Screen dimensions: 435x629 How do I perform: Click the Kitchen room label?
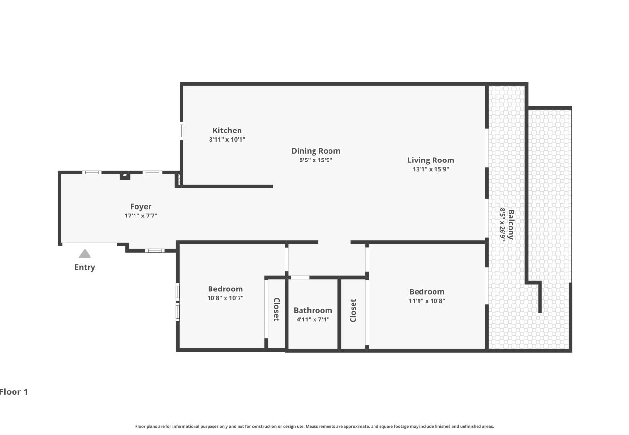click(x=227, y=130)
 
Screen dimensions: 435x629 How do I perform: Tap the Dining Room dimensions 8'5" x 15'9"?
click(x=315, y=160)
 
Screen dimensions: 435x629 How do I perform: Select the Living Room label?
click(x=430, y=160)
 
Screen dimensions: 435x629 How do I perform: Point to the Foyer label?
click(x=141, y=207)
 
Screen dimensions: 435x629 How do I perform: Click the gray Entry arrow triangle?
click(x=85, y=254)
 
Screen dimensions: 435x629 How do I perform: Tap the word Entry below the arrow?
click(x=85, y=267)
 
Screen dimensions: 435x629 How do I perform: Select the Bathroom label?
click(x=313, y=310)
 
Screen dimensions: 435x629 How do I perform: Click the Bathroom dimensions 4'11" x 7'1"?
click(x=313, y=319)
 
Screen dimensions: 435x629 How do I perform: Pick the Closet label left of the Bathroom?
click(x=276, y=309)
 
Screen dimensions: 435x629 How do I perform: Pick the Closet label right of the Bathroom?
click(x=353, y=310)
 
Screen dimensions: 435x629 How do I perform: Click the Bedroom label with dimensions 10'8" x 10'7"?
click(x=225, y=289)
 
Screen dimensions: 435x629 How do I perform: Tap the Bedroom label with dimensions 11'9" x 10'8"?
click(x=426, y=292)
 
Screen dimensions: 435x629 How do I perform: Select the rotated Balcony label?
click(x=511, y=224)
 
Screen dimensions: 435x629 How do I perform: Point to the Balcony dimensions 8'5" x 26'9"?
click(x=503, y=224)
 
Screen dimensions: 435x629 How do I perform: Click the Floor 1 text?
click(x=14, y=392)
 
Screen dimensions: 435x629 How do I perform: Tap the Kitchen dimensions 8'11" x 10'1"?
click(x=227, y=140)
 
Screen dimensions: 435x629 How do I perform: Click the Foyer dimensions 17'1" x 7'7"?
click(x=141, y=216)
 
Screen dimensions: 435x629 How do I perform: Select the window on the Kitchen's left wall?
click(x=181, y=130)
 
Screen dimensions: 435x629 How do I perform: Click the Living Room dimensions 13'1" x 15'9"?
click(x=430, y=169)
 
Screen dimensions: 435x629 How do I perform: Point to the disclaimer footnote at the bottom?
click(x=314, y=426)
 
